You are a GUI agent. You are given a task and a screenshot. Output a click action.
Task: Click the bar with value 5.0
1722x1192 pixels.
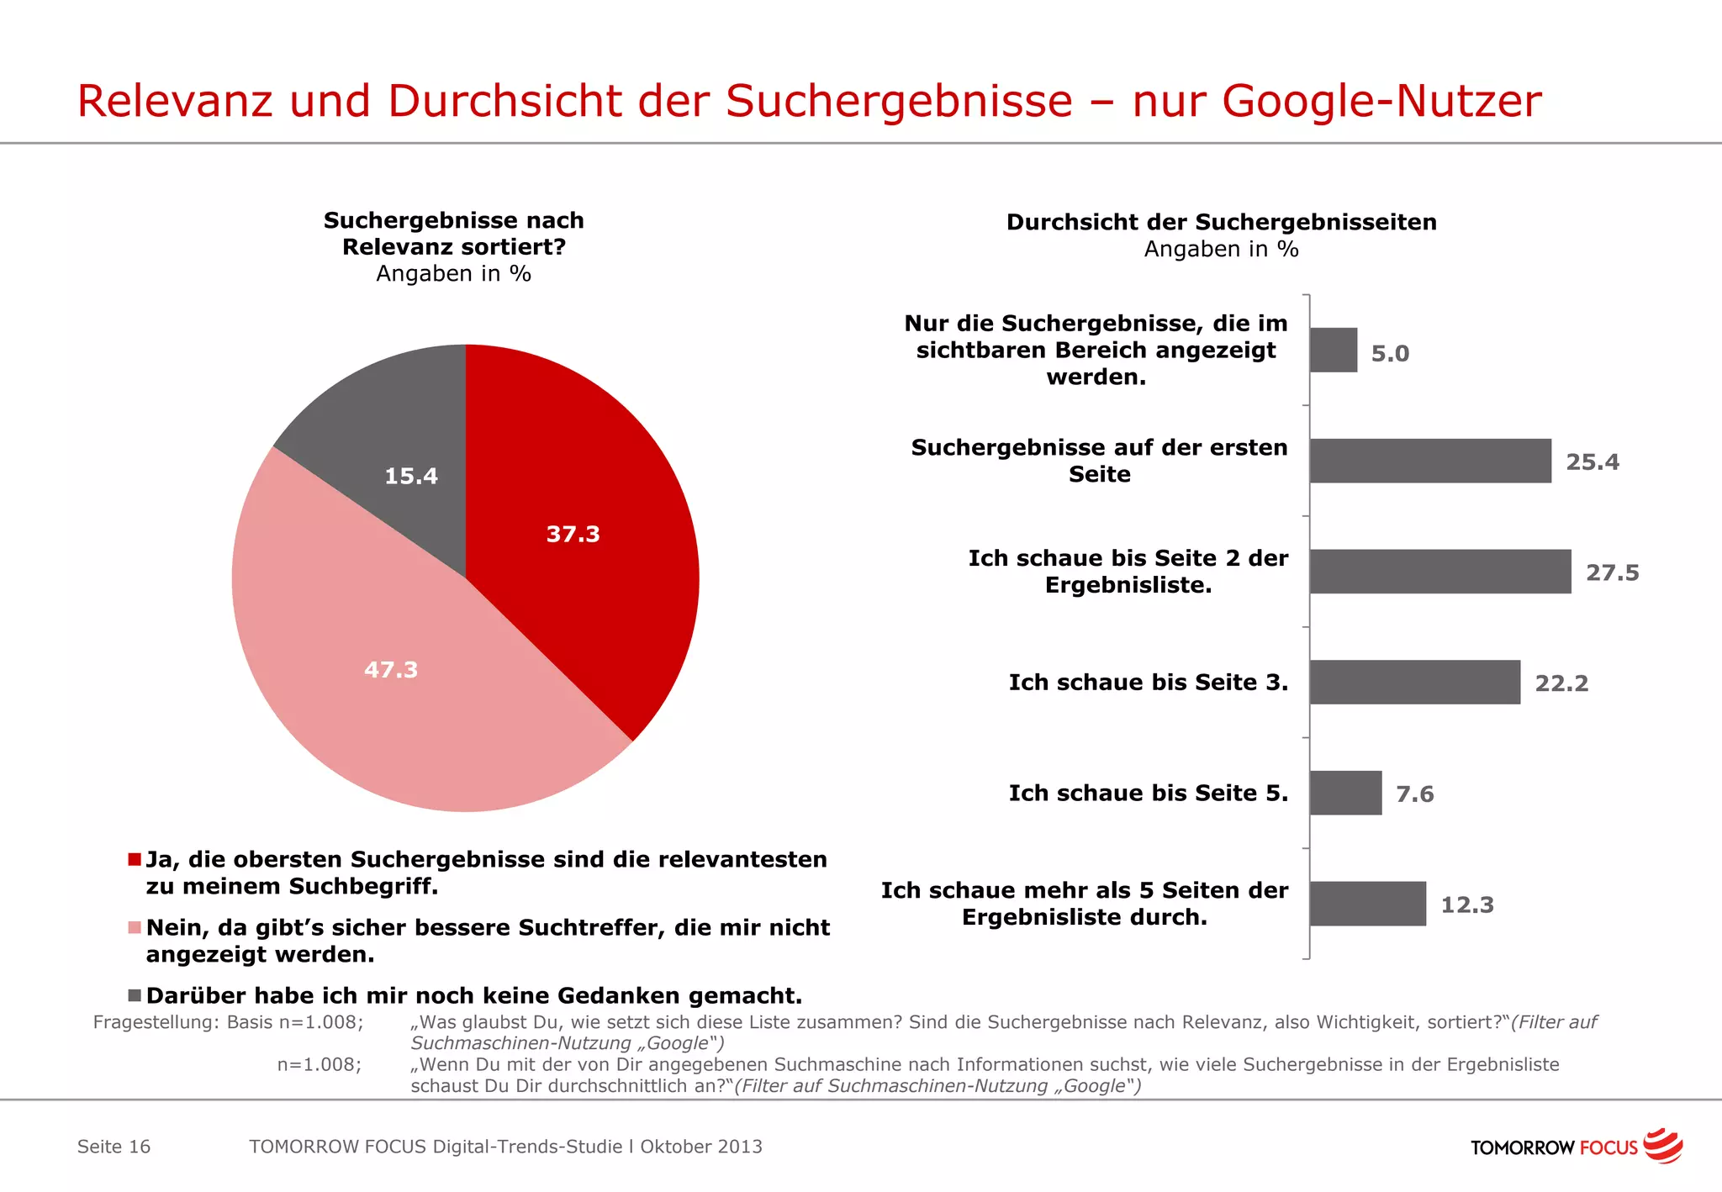(x=1334, y=351)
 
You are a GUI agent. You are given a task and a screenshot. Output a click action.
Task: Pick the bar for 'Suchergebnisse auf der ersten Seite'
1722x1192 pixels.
(x=1429, y=461)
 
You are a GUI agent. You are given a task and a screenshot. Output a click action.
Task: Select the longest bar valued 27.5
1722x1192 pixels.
(x=1439, y=572)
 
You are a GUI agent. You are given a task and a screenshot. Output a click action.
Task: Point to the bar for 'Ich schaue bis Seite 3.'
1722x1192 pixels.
(x=1414, y=682)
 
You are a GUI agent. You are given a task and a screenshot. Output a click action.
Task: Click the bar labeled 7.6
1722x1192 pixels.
(x=1345, y=793)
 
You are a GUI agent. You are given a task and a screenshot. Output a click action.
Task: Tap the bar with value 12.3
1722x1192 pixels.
(x=1367, y=904)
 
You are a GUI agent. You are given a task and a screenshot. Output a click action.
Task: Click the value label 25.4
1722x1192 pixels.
(x=1592, y=462)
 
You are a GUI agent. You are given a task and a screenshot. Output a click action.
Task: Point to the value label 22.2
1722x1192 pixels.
(x=1561, y=683)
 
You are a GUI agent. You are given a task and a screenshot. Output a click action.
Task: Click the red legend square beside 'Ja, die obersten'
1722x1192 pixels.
(x=135, y=859)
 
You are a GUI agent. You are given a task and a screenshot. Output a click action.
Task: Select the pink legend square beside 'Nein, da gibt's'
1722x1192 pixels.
(x=135, y=927)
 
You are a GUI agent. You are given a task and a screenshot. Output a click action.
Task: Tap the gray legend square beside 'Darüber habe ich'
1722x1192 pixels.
(x=135, y=995)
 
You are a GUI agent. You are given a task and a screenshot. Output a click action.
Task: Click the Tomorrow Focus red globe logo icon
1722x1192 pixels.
(x=1662, y=1146)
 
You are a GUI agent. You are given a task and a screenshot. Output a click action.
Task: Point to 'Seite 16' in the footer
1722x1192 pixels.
(x=114, y=1147)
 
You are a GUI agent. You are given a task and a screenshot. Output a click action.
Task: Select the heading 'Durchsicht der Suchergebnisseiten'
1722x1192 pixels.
(x=1221, y=222)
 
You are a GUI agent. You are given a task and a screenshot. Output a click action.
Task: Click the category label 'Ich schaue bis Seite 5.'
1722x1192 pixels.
(x=1148, y=793)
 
